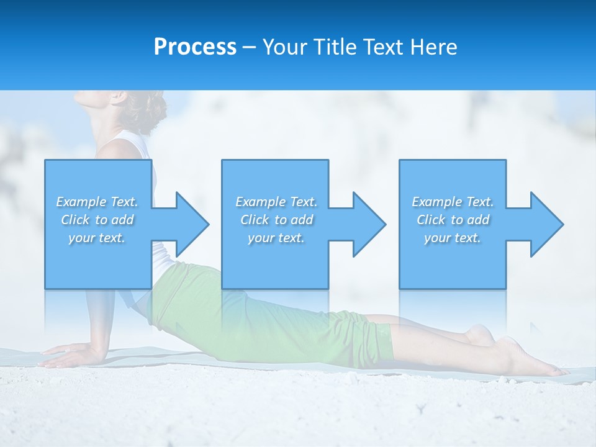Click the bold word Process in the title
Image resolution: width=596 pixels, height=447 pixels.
[195, 47]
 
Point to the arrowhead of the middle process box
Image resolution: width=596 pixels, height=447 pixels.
[368, 224]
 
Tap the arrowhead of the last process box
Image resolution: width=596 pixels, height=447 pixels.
[546, 224]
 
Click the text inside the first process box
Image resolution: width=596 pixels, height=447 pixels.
[97, 220]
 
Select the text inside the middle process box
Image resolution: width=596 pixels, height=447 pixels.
[276, 220]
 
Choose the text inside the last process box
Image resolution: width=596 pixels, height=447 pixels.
[453, 220]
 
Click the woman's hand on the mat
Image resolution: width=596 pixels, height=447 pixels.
[65, 356]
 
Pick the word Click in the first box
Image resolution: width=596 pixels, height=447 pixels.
[75, 220]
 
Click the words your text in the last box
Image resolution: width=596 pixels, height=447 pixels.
[453, 238]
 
